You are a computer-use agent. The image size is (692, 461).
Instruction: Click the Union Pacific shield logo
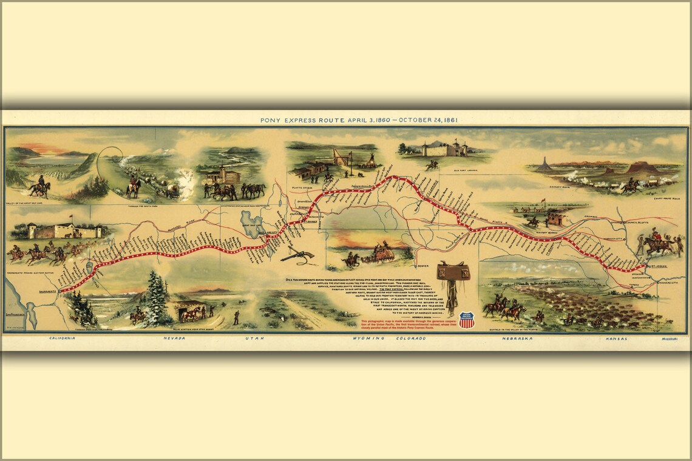[x=466, y=320]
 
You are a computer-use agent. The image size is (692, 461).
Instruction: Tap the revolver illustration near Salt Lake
[x=297, y=254]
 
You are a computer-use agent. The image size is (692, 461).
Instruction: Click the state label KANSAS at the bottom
[x=615, y=338]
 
